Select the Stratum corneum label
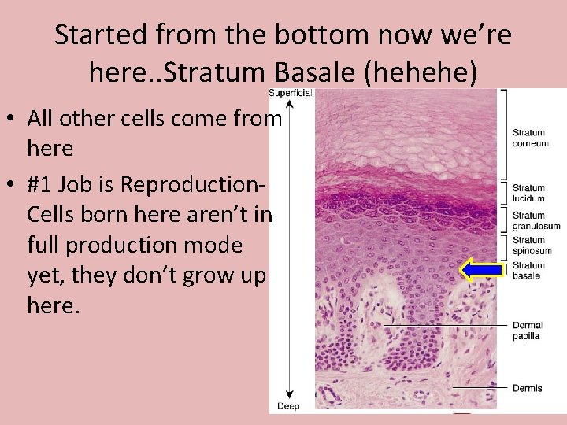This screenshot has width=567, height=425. (x=530, y=138)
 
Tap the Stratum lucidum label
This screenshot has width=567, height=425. (x=528, y=193)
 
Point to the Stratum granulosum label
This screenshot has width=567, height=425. (x=535, y=220)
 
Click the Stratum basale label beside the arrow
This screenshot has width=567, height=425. (x=528, y=271)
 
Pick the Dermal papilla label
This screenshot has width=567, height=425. (x=526, y=331)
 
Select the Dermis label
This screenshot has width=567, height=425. (x=526, y=388)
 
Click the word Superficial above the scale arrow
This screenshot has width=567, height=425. (x=291, y=93)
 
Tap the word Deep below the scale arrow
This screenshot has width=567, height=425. (x=289, y=406)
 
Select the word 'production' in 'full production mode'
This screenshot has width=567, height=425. (x=126, y=245)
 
